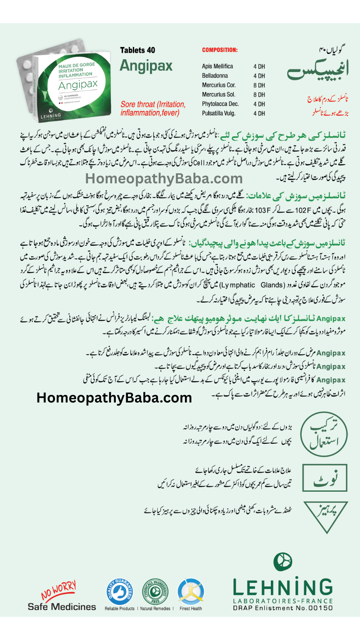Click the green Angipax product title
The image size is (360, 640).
tap(146, 66)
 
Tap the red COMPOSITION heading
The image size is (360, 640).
tap(220, 50)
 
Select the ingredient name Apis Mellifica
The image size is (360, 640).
tap(217, 66)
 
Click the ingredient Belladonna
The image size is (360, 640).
tap(215, 76)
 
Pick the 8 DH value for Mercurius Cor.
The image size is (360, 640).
tap(259, 85)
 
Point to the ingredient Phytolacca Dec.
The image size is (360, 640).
tap(220, 104)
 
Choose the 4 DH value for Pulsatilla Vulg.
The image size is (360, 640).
tap(259, 113)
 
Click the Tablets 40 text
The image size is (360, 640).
tap(137, 50)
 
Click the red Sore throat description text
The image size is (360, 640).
tap(153, 109)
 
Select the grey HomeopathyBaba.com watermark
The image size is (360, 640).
tap(164, 179)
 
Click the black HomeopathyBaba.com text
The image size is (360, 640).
tap(114, 398)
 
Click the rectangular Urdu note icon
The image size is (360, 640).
tap(324, 478)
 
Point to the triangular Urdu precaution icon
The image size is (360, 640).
tap(325, 516)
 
